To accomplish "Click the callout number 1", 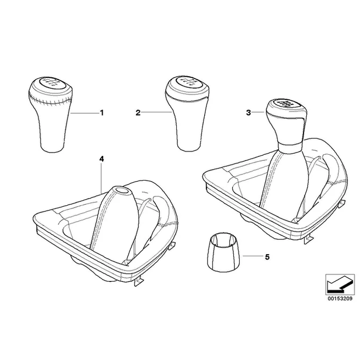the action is click(x=102, y=113).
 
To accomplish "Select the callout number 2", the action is click(x=138, y=113).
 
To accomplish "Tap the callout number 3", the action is click(x=249, y=113).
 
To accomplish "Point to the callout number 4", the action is click(x=102, y=159).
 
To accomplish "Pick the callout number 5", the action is click(x=267, y=257).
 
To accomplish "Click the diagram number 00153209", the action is click(x=340, y=299).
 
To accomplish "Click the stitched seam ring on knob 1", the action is click(x=50, y=99).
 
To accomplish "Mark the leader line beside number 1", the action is click(x=85, y=113).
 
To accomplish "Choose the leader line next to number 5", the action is click(x=252, y=256).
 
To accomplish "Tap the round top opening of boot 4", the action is click(x=122, y=190).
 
